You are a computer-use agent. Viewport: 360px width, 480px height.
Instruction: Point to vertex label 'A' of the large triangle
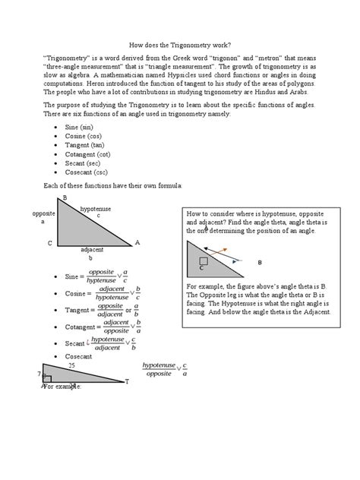tap(137, 242)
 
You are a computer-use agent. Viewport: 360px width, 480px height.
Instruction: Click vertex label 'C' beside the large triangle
tap(49, 243)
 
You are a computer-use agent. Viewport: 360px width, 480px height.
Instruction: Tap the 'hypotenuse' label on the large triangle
tap(96, 209)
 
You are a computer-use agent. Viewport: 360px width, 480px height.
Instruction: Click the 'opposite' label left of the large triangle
tap(44, 214)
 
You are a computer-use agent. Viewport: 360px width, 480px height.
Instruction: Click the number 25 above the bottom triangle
tap(72, 365)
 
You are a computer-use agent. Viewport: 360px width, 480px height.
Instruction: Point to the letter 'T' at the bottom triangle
tap(127, 381)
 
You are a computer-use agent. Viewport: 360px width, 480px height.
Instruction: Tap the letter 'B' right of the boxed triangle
tap(259, 263)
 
